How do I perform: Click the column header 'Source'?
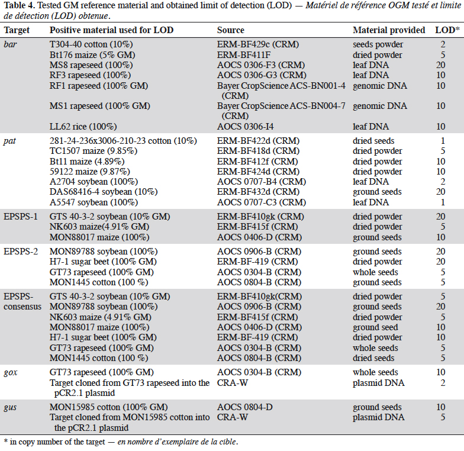tap(231, 30)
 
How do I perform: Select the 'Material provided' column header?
tap(389, 30)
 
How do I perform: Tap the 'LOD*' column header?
tap(447, 30)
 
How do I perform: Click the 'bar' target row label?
tap(11, 44)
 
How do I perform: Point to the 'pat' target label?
tap(9, 141)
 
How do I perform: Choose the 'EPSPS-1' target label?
tap(21, 217)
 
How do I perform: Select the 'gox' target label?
tap(11, 373)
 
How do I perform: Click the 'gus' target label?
tap(11, 407)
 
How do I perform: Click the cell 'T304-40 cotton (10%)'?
tap(91, 44)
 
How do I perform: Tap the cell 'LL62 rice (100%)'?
tap(83, 127)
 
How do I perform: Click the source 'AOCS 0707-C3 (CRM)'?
tap(262, 202)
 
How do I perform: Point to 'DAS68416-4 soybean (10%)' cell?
tap(104, 192)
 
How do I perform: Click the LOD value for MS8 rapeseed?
tap(440, 65)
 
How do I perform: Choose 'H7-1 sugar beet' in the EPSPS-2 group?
tap(103, 262)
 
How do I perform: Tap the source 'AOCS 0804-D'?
tap(245, 407)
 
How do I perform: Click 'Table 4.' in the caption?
tap(20, 5)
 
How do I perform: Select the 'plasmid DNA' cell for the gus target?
tap(379, 417)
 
